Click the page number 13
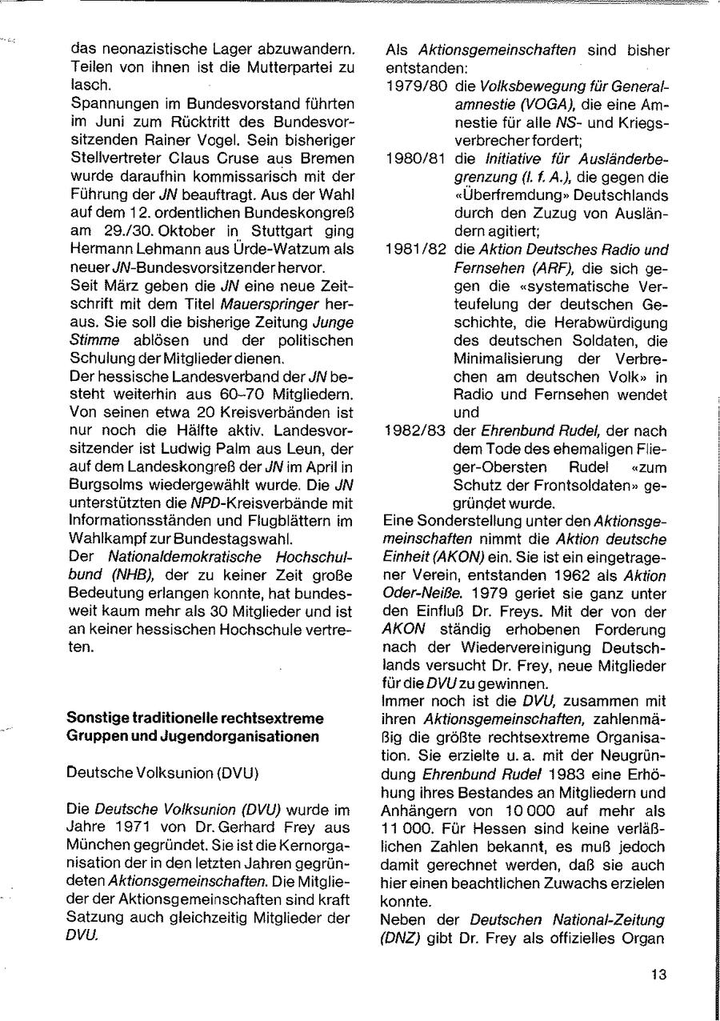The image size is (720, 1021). (x=658, y=975)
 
